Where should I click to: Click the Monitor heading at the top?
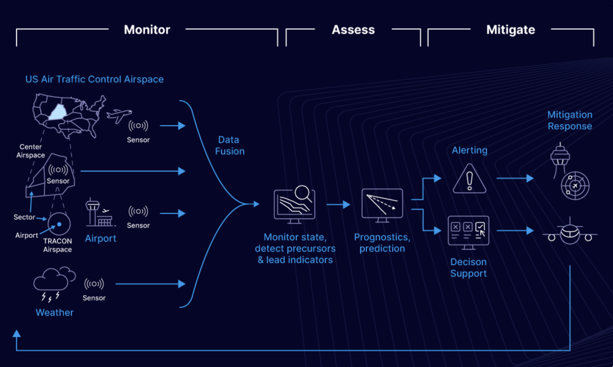[x=147, y=30]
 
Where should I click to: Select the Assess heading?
[x=353, y=30]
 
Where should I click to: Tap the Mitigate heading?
[x=510, y=30]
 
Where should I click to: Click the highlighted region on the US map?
[x=58, y=112]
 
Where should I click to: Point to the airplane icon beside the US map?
[x=119, y=115]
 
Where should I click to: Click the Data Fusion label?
[x=230, y=145]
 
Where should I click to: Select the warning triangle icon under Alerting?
[x=469, y=179]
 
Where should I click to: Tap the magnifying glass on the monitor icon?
[x=303, y=193]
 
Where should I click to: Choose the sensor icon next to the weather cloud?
[x=94, y=284]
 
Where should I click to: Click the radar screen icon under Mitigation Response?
[x=575, y=186]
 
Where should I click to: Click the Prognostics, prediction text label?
[x=382, y=243]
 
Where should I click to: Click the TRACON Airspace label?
[x=57, y=245]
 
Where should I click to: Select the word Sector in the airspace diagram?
[x=24, y=217]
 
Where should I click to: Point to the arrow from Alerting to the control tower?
[x=515, y=178]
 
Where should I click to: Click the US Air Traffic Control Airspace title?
[x=94, y=79]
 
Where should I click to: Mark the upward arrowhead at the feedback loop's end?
[x=17, y=333]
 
